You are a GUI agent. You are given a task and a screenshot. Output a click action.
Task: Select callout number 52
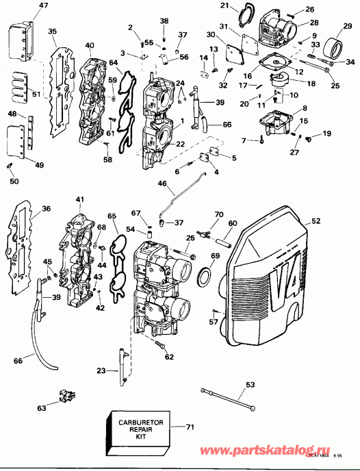click(316, 222)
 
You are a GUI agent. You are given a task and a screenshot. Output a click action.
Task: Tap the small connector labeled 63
click(66, 395)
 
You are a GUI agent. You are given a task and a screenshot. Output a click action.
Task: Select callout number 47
click(25, 6)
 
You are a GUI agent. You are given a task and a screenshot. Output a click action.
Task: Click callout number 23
click(101, 370)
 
